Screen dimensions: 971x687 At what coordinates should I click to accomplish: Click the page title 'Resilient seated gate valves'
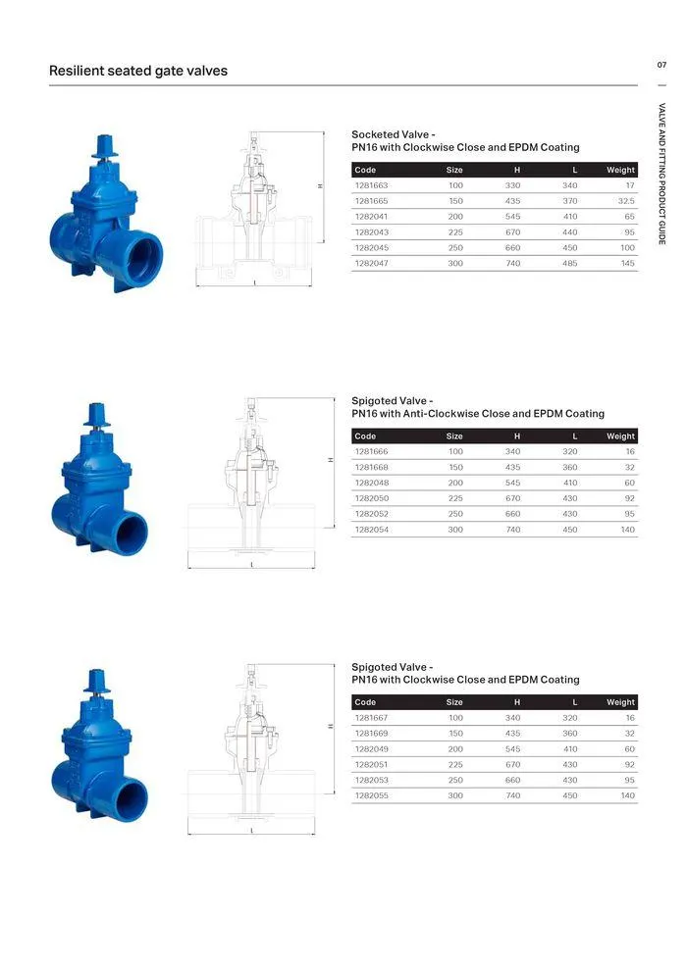click(x=137, y=71)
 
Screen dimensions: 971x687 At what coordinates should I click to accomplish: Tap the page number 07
click(x=661, y=65)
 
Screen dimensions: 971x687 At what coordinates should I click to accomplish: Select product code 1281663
click(x=371, y=185)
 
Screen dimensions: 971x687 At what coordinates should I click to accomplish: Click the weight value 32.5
click(x=624, y=201)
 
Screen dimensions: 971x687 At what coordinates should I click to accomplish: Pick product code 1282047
click(x=371, y=264)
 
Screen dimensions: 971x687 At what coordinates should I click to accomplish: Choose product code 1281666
click(x=371, y=451)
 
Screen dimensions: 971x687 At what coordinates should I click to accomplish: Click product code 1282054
click(x=371, y=530)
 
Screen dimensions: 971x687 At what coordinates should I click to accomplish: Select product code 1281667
click(x=371, y=717)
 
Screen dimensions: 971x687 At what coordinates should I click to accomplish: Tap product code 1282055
click(x=371, y=795)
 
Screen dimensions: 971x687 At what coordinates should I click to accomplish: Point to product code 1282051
click(x=371, y=764)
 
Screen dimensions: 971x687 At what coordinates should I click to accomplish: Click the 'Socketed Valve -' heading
click(x=393, y=134)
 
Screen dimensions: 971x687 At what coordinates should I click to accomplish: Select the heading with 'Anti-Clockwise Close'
click(x=478, y=414)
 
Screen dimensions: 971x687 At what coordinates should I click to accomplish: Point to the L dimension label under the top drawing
click(x=254, y=283)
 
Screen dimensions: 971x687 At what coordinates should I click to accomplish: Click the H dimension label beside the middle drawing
click(x=331, y=459)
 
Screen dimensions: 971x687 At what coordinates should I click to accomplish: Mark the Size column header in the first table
click(x=454, y=170)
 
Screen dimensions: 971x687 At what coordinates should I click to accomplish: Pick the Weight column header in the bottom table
click(x=620, y=702)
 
